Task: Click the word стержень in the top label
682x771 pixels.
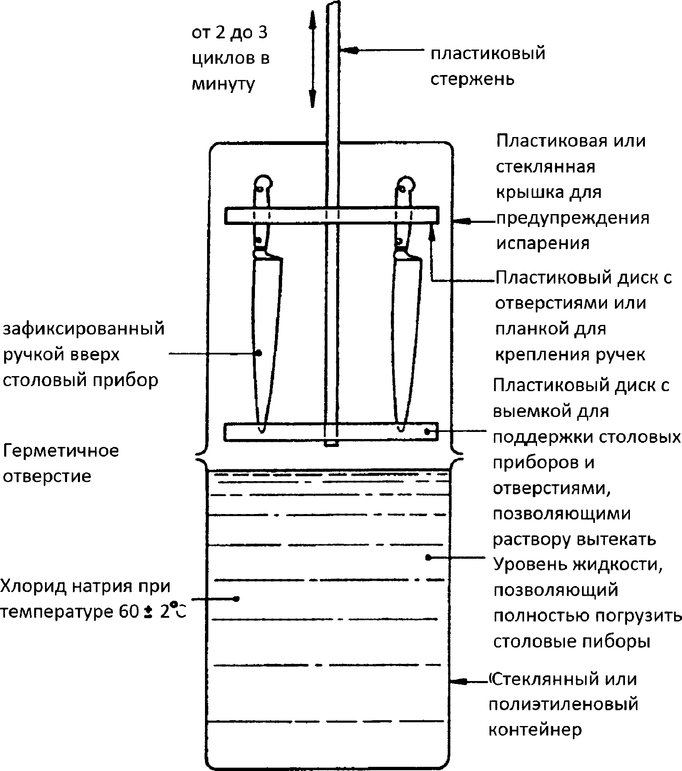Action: point(472,79)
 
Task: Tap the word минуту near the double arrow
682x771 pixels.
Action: point(223,85)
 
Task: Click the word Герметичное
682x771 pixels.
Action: point(61,451)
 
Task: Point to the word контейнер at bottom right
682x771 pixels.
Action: point(535,729)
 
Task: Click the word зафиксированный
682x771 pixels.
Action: point(84,329)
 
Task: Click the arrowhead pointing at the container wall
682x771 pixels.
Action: point(460,681)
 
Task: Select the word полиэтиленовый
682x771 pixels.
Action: point(563,704)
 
